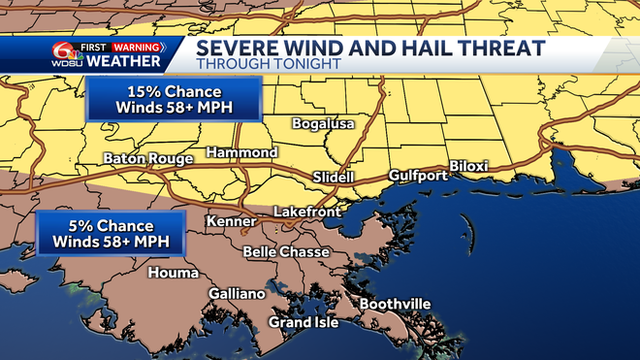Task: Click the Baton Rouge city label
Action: coord(146,157)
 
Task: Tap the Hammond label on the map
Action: coord(242,152)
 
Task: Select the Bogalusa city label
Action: coord(325,124)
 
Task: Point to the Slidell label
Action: coord(335,178)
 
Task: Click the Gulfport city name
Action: coord(418,176)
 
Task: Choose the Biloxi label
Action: coord(468,167)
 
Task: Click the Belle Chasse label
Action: coord(285,252)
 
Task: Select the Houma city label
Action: coord(173,273)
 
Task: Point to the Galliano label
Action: coord(237,294)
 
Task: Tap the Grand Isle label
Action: coord(304,322)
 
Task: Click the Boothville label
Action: coord(396,305)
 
